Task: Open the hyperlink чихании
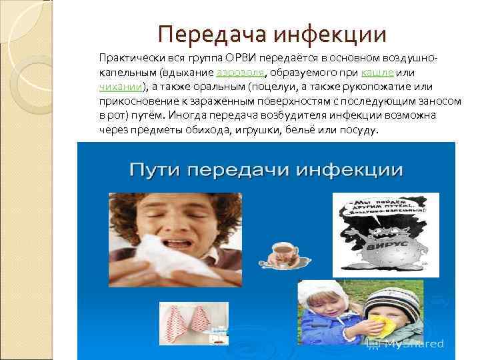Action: [121, 87]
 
